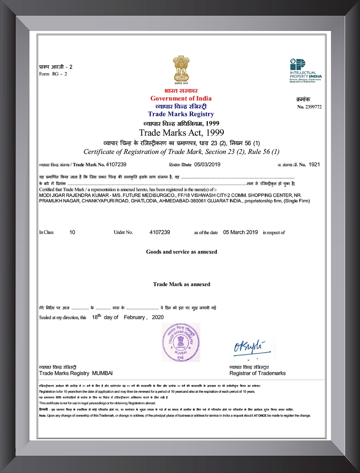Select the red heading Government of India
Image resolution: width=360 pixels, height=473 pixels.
tap(181, 98)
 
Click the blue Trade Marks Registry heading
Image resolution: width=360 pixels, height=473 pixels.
tap(181, 114)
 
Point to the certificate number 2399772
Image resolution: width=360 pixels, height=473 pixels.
tap(313, 107)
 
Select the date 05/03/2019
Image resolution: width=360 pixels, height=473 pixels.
tap(207, 164)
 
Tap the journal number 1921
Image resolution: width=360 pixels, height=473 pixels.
tap(314, 164)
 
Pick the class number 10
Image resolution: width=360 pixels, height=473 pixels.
tap(72, 232)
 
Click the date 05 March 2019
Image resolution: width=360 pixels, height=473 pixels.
tap(241, 232)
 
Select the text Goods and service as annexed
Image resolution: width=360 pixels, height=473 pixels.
tap(182, 252)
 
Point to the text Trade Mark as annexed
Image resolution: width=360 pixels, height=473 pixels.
tap(182, 284)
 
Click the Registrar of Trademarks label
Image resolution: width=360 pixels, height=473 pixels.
tap(257, 373)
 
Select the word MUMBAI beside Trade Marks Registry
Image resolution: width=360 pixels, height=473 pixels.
tap(102, 373)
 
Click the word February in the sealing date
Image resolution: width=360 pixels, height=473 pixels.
tap(134, 317)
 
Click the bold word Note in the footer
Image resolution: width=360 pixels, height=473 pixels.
tap(42, 416)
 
